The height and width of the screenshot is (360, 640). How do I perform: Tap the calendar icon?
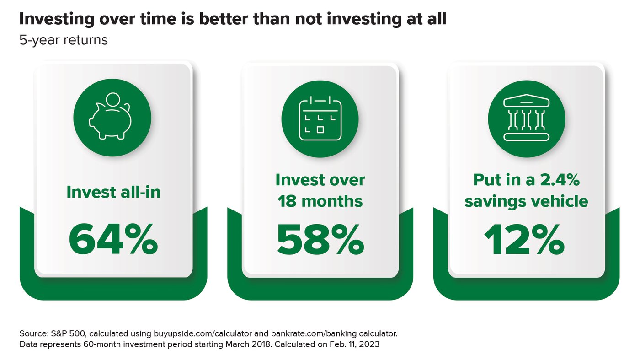pyautogui.click(x=320, y=118)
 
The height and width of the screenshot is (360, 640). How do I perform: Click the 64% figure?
pyautogui.click(x=113, y=241)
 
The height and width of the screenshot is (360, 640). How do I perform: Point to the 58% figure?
pyautogui.click(x=320, y=241)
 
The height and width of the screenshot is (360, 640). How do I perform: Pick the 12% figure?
pyautogui.click(x=525, y=241)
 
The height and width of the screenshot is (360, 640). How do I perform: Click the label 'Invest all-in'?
pyautogui.click(x=113, y=192)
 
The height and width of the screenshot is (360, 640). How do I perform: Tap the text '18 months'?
pyautogui.click(x=320, y=201)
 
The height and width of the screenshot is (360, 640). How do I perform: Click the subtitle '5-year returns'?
pyautogui.click(x=64, y=40)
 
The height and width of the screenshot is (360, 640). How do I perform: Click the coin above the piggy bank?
pyautogui.click(x=112, y=100)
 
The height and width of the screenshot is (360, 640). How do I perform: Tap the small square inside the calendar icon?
pyautogui.click(x=320, y=129)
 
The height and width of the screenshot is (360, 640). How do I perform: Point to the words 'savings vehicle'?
pyautogui.click(x=527, y=201)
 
